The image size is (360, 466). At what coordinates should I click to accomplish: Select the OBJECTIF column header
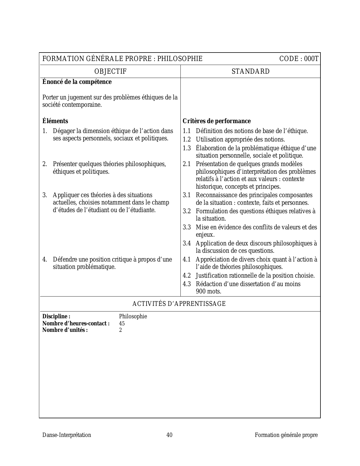[110, 71]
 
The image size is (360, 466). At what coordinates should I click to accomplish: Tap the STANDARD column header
[250, 71]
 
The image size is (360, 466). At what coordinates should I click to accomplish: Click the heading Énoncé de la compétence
[77, 82]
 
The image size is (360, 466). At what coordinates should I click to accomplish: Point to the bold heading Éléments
[55, 121]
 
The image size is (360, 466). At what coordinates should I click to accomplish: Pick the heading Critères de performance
[217, 121]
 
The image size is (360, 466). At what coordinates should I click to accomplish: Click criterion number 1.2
[187, 140]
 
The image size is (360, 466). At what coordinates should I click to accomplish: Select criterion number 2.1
[187, 164]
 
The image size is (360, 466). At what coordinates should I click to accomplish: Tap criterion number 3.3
[187, 227]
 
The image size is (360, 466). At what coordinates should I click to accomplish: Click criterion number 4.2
[187, 276]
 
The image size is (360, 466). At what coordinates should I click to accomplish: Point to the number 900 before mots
[200, 291]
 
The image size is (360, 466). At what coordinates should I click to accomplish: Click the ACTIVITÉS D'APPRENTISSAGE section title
[179, 304]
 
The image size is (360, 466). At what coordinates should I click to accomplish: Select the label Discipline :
[56, 316]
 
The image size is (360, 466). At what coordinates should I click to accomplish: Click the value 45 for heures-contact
[122, 323]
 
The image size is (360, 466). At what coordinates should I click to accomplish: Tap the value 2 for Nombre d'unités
[121, 330]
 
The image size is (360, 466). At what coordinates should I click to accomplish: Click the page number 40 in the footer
[169, 435]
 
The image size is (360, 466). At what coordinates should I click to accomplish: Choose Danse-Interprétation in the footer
[67, 435]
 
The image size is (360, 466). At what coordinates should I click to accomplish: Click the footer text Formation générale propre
[286, 435]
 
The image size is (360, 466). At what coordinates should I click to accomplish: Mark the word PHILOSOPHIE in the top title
[180, 59]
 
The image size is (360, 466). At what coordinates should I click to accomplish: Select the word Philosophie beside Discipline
[133, 316]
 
